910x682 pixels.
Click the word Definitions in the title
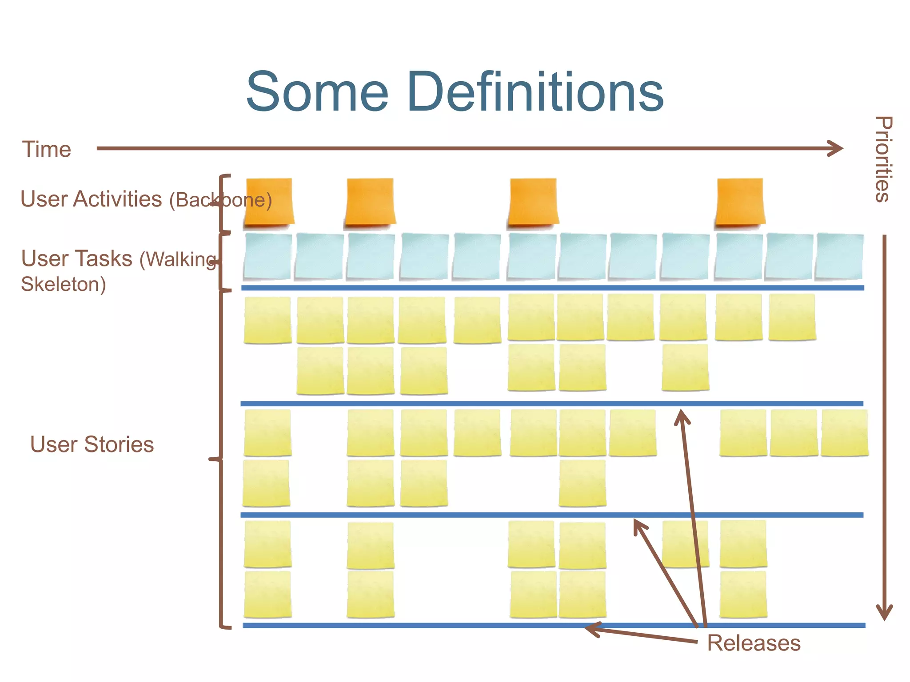(535, 92)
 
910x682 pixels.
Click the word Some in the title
(317, 92)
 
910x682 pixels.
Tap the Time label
(47, 149)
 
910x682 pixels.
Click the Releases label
(754, 643)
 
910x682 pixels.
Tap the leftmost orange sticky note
(269, 202)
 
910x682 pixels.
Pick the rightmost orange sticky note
(740, 202)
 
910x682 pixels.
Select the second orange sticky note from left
(370, 202)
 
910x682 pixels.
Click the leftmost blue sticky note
(267, 256)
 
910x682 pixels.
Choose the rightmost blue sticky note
(839, 256)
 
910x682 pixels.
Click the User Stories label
(92, 444)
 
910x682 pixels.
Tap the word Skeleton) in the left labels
(64, 284)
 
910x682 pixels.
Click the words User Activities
(91, 199)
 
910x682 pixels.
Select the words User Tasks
(77, 258)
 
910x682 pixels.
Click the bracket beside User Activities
(221, 203)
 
